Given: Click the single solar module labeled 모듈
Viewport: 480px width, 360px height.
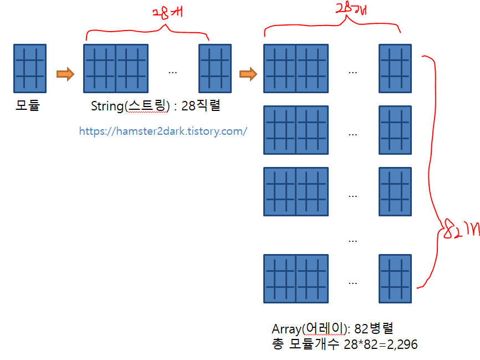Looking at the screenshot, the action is click(x=29, y=68).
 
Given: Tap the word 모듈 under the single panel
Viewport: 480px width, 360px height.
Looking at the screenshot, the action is click(x=28, y=105).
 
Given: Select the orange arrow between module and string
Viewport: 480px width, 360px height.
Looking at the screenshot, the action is click(x=65, y=74).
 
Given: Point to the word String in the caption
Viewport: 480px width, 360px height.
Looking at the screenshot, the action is click(x=107, y=106).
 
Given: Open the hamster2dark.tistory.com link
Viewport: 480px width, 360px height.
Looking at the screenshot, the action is click(x=163, y=131).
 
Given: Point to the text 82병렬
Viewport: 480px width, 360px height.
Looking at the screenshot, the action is click(x=374, y=328).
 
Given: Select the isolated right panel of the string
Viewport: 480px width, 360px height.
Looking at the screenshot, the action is click(x=215, y=68).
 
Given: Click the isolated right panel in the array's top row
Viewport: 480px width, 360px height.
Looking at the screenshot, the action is click(x=395, y=68).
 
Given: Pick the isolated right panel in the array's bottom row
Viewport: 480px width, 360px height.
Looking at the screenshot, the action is click(x=395, y=278).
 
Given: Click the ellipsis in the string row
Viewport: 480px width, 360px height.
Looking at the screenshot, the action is click(x=172, y=72).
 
